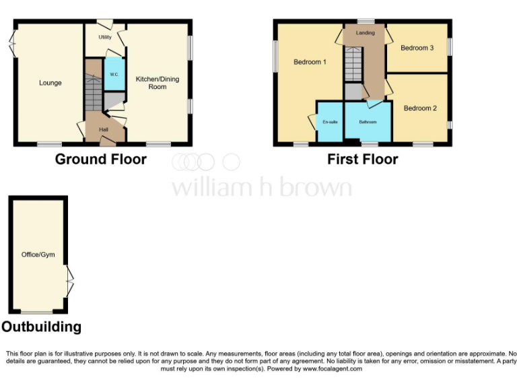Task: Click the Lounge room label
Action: (x=50, y=83)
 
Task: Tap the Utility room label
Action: (x=104, y=37)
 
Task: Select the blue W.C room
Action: (x=114, y=74)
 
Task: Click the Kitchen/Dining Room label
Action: (x=151, y=83)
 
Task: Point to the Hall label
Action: (x=104, y=129)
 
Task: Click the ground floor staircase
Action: (x=94, y=94)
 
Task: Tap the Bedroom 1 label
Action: (x=310, y=62)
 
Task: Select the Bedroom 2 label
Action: (x=420, y=108)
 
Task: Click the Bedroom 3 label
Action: (x=417, y=48)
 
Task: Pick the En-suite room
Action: (x=330, y=122)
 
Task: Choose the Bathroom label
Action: (x=368, y=122)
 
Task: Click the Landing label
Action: (x=365, y=32)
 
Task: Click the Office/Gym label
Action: (x=38, y=254)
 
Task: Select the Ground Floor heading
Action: (x=100, y=160)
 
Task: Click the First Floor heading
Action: (x=362, y=160)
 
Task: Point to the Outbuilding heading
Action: (x=41, y=327)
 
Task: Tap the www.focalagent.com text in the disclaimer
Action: (x=333, y=369)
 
